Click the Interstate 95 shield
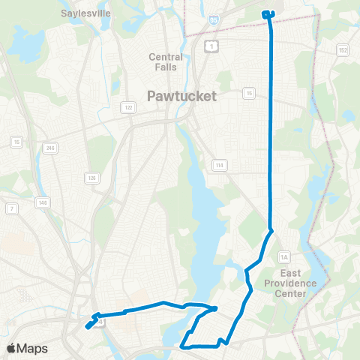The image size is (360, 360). click(x=214, y=22)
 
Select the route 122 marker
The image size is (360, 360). click(x=129, y=108)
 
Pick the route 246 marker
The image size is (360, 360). click(x=51, y=147)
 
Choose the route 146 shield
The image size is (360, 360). click(x=42, y=202)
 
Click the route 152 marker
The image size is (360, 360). click(x=343, y=50)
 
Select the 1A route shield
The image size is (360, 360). click(x=284, y=257)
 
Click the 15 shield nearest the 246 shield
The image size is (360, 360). click(x=15, y=141)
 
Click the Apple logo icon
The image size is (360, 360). click(x=13, y=348)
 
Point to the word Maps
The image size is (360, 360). click(x=33, y=348)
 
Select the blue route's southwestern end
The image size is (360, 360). click(x=88, y=326)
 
